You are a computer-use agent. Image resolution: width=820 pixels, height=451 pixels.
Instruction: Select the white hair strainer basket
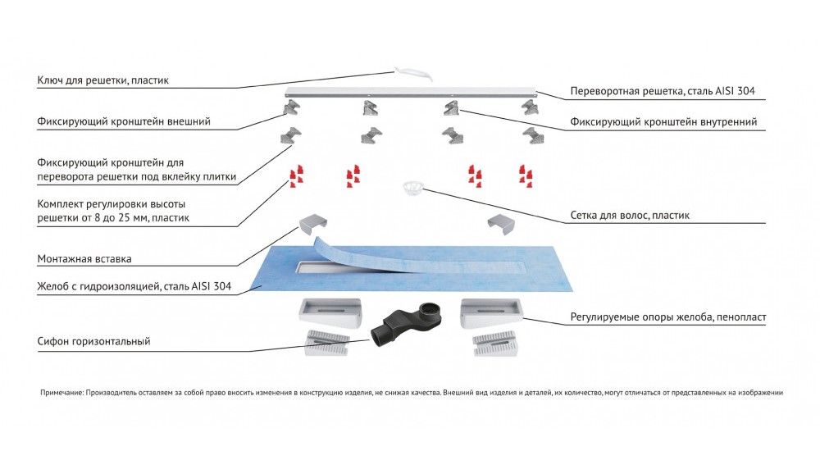pyautogui.click(x=412, y=189)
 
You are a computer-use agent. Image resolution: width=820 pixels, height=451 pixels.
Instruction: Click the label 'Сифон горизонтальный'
pyautogui.click(x=94, y=340)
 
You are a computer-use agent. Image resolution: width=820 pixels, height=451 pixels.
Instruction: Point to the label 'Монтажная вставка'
pyautogui.click(x=84, y=259)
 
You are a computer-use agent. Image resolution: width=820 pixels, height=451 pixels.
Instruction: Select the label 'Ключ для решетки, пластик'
pyautogui.click(x=103, y=81)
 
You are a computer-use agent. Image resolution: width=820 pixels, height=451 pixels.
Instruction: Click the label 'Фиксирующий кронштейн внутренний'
pyautogui.click(x=663, y=122)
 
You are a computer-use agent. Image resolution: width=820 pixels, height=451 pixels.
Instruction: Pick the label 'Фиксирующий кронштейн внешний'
pyautogui.click(x=124, y=122)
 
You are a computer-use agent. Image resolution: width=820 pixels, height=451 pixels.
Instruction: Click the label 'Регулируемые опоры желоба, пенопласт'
pyautogui.click(x=668, y=317)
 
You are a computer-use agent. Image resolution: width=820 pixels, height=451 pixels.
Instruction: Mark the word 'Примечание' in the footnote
pyautogui.click(x=61, y=393)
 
